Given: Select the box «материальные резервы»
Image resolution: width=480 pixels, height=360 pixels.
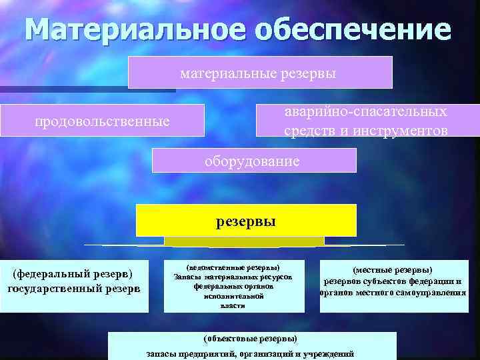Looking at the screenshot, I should click(260, 72).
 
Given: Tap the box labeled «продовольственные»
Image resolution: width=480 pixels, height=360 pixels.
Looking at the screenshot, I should click(102, 122).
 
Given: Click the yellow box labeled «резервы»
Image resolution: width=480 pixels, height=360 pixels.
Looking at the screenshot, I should click(246, 221).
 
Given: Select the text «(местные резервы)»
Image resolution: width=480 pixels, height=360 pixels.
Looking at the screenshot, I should click(393, 270).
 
